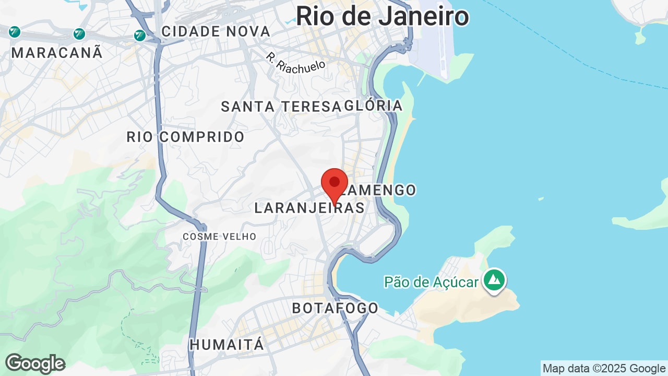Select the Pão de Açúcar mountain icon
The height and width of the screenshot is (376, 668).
coord(494,280)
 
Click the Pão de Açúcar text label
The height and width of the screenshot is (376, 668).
coord(431,283)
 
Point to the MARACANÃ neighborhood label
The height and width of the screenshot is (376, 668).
coord(57,53)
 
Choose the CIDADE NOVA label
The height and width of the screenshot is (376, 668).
coord(216,32)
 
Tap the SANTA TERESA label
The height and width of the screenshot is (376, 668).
coord(281,107)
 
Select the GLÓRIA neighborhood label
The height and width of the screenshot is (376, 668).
coord(374,105)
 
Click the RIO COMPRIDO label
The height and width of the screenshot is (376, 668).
coord(185,137)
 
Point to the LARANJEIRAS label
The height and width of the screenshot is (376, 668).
coord(309,208)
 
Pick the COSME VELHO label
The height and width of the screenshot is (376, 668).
coord(219,237)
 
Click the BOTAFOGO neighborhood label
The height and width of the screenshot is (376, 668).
coord(335,308)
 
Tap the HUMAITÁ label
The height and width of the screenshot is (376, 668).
coord(226,345)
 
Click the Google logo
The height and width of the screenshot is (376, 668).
coord(35,363)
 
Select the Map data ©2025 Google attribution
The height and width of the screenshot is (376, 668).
coord(604,369)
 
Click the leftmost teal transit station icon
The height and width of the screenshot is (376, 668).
coord(15,32)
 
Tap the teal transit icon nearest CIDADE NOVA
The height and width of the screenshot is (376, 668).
coord(139,35)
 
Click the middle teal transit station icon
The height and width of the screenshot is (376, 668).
coord(79,34)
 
